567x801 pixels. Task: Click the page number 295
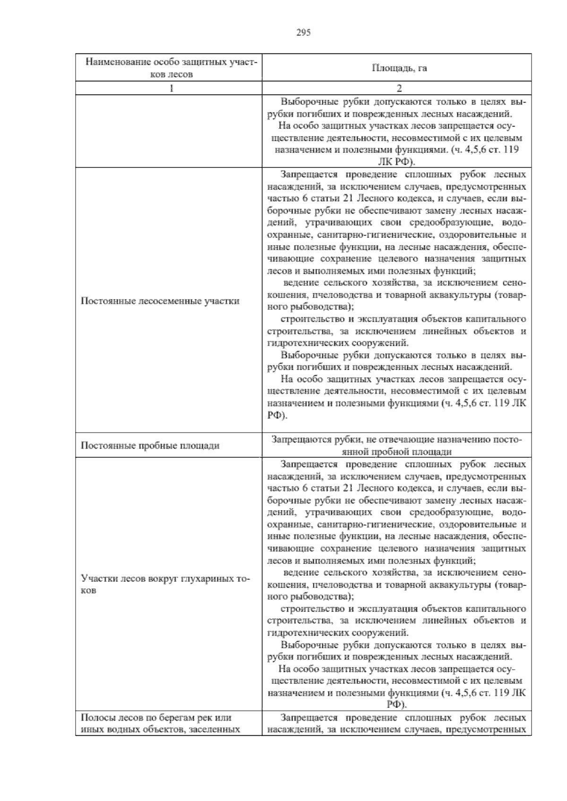(x=303, y=33)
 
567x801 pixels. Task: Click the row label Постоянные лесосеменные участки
(x=160, y=301)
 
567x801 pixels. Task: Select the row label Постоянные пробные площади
(x=150, y=445)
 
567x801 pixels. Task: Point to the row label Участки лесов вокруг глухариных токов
(x=165, y=584)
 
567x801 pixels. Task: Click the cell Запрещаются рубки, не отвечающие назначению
(x=397, y=445)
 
